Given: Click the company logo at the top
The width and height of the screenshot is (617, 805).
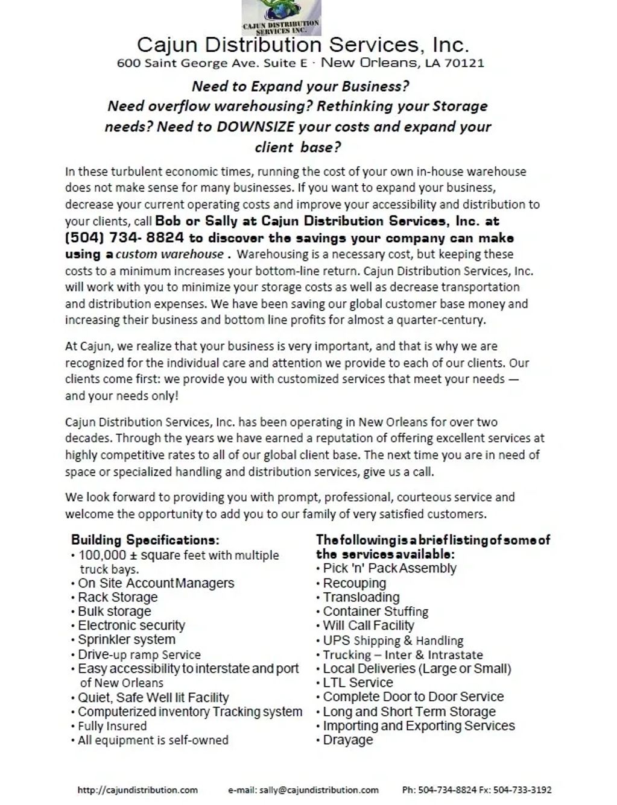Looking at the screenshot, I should [281, 17].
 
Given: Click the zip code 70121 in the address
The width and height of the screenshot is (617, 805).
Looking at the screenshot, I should [464, 63].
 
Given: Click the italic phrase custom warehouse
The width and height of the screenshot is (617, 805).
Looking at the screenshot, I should [169, 254].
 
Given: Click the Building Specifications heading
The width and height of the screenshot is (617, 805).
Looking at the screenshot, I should [145, 540].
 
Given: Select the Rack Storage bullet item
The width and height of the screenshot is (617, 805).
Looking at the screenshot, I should [118, 597].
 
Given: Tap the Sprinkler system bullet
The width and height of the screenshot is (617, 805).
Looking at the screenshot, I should [127, 639].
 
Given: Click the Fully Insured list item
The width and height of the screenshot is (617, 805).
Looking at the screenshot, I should [112, 726].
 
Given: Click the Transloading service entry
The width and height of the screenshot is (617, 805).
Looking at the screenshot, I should [361, 597].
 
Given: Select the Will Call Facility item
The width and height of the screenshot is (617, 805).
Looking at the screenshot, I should [369, 625].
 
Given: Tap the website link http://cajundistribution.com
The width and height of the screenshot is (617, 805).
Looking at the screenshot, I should [138, 789].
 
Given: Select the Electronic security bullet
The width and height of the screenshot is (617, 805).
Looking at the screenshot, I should [131, 625].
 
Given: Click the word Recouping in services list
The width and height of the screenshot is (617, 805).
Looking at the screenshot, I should [355, 583].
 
